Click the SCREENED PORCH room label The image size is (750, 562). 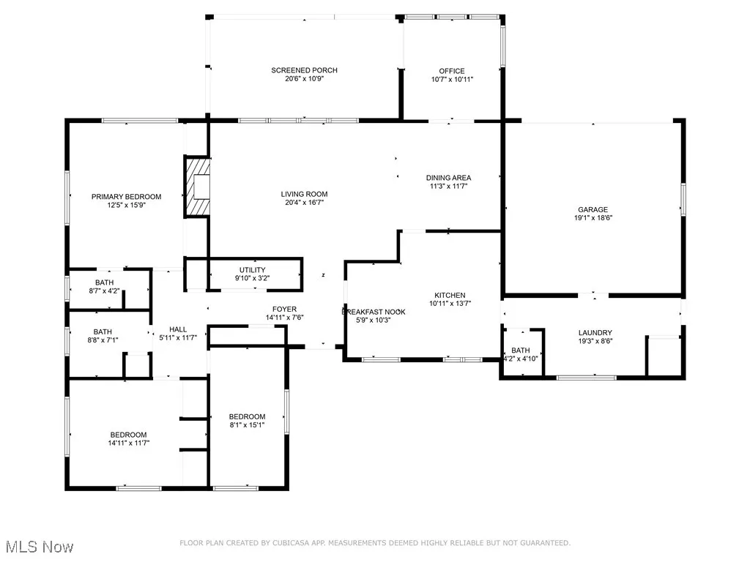(304, 70)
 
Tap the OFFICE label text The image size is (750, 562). (452, 71)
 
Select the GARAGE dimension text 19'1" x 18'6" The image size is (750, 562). (593, 218)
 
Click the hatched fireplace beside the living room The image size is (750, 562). (198, 187)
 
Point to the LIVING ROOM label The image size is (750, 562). (304, 194)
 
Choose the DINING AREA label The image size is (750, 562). (449, 178)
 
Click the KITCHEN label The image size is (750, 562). (450, 296)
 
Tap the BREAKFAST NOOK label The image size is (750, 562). (374, 312)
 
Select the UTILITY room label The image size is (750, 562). (253, 270)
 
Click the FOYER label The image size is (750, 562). (285, 310)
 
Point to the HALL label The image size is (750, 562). (178, 329)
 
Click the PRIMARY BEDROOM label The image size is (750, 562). (126, 196)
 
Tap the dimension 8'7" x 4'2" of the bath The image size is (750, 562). (104, 291)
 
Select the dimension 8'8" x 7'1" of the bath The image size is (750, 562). (103, 340)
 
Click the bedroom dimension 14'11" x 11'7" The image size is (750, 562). (129, 443)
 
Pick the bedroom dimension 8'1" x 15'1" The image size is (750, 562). (247, 425)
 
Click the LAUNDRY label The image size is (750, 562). (595, 333)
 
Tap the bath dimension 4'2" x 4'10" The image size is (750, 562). (521, 359)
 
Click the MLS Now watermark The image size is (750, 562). (40, 547)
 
